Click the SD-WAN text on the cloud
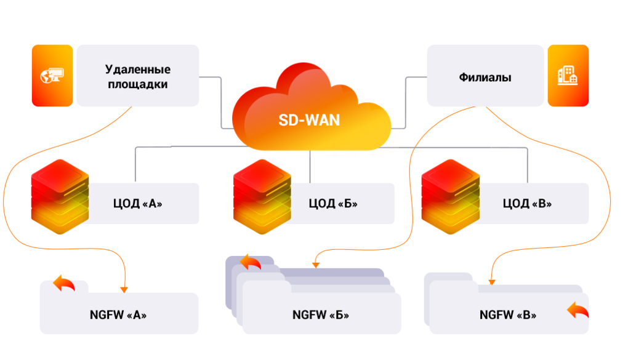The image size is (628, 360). pyautogui.click(x=309, y=120)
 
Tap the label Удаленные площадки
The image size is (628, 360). pyautogui.click(x=138, y=76)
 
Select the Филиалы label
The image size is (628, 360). pyautogui.click(x=485, y=77)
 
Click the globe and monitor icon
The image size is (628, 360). pyautogui.click(x=52, y=75)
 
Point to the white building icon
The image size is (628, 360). pyautogui.click(x=568, y=75)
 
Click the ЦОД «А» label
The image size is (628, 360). pyautogui.click(x=137, y=204)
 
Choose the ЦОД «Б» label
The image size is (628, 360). pyautogui.click(x=333, y=204)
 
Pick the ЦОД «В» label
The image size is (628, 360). pyautogui.click(x=527, y=204)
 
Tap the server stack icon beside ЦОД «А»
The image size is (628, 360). pyautogui.click(x=60, y=197)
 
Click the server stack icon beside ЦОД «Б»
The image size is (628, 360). pyautogui.click(x=262, y=197)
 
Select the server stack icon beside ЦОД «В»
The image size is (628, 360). pyautogui.click(x=451, y=197)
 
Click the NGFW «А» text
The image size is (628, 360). pyautogui.click(x=118, y=314)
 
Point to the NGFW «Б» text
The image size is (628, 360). pyautogui.click(x=320, y=314)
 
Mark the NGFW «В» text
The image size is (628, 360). pyautogui.click(x=508, y=314)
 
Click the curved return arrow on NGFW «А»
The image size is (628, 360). pyautogui.click(x=64, y=283)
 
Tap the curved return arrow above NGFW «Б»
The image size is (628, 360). pyautogui.click(x=251, y=262)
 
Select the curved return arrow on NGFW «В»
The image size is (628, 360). pyautogui.click(x=578, y=310)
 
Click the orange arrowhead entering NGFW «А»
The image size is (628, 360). pyautogui.click(x=124, y=289)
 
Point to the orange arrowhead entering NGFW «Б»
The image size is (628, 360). pyautogui.click(x=316, y=265)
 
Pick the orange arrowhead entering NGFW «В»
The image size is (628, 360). pyautogui.click(x=492, y=282)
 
